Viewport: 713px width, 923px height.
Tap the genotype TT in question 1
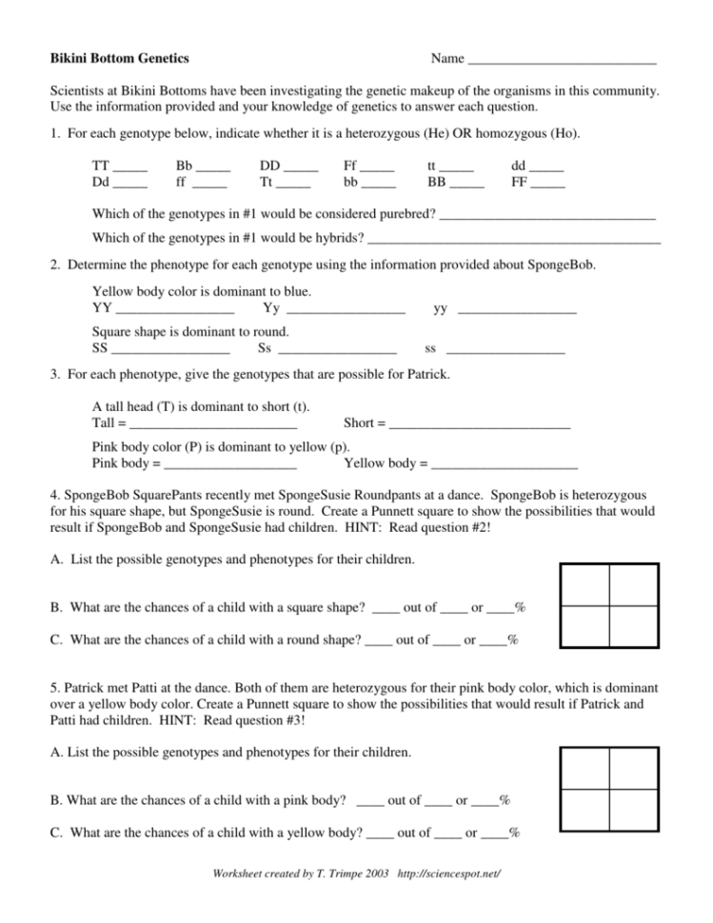tap(100, 164)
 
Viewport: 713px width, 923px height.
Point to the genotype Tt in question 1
tap(270, 180)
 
